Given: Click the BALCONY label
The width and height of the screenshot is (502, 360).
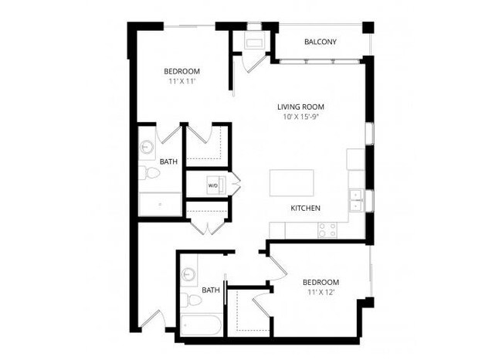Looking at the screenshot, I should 320,41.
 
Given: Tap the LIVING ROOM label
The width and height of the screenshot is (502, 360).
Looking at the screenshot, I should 300,107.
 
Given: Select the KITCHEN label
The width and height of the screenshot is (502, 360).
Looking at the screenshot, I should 306,209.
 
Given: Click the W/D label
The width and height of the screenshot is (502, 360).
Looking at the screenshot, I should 212,186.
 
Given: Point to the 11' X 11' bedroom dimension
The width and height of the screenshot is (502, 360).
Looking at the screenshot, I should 178,81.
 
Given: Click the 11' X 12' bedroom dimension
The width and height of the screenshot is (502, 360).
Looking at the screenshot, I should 320,292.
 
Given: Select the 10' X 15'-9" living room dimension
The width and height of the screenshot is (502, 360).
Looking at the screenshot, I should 300,117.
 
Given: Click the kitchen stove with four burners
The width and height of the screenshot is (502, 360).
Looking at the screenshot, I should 327,229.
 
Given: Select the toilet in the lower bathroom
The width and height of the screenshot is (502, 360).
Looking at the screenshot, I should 187,299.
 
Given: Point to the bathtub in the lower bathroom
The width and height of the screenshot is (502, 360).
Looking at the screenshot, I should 202,325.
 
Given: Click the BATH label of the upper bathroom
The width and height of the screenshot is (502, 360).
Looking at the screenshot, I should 168,161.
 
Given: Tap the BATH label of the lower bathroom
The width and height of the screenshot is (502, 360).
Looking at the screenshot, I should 210,290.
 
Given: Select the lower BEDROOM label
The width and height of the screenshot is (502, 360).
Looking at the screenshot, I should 320,281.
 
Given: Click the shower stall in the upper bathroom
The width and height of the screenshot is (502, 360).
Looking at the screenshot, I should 161,204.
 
